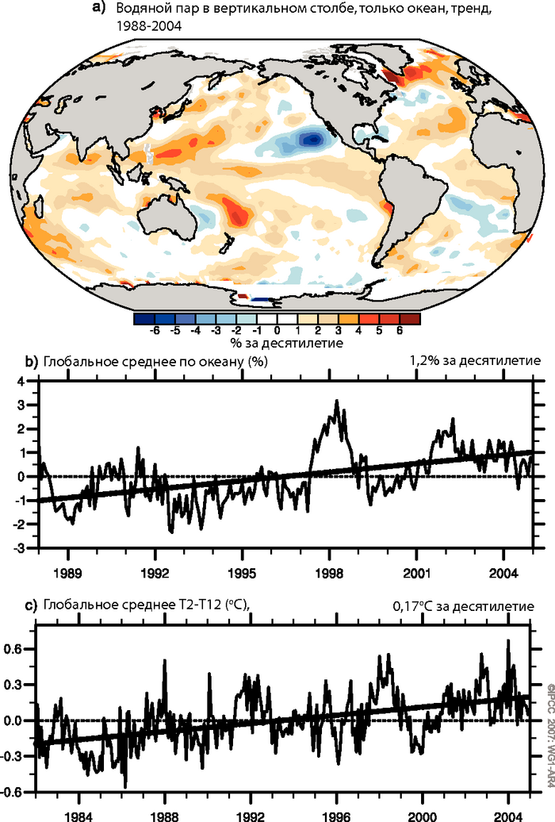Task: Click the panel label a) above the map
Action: pos(99,9)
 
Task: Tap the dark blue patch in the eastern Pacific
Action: pos(312,139)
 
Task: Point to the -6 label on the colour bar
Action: pos(155,330)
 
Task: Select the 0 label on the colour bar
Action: pos(277,330)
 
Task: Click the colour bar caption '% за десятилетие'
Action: pos(276,344)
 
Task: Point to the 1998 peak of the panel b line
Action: pos(336,401)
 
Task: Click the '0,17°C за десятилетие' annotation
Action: pos(464,607)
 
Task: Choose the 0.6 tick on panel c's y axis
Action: pos(17,649)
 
